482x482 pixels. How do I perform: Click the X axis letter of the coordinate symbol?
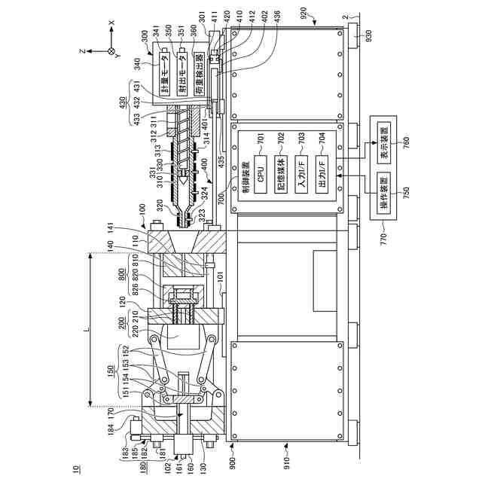(x=111, y=23)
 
